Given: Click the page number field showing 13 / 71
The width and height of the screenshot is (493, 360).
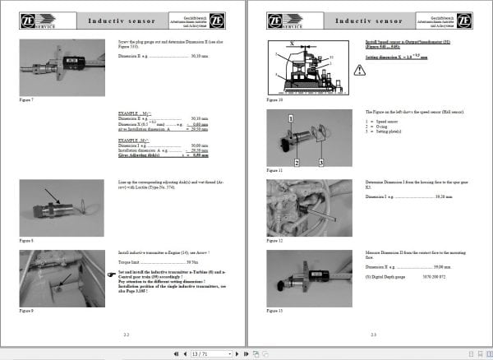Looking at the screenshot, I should click(x=200, y=353).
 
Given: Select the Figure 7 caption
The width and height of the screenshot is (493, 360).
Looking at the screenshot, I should click(x=25, y=99).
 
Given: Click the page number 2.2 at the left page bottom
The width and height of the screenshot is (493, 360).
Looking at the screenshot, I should click(x=125, y=335).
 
